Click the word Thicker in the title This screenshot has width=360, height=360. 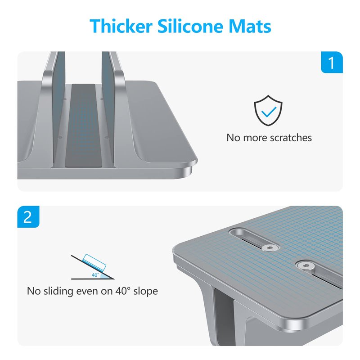[x=121, y=26]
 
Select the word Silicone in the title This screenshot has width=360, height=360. [x=190, y=26]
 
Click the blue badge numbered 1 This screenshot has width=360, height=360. [x=332, y=63]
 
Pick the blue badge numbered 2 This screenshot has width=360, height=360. [x=28, y=217]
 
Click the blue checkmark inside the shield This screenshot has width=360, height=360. [x=269, y=112]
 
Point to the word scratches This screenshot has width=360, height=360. [x=291, y=138]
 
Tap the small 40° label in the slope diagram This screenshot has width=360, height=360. [x=95, y=275]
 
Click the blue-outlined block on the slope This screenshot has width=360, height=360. [x=94, y=262]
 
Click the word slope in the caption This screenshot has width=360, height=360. [x=145, y=292]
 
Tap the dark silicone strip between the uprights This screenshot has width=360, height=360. [x=83, y=125]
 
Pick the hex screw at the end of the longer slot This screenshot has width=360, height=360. [x=305, y=266]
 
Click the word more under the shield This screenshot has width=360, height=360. [x=255, y=138]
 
